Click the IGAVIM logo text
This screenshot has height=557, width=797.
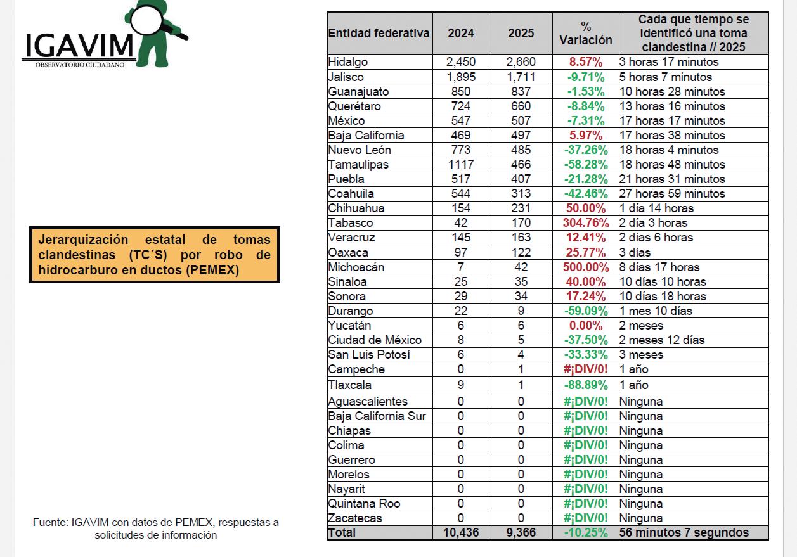[79, 46]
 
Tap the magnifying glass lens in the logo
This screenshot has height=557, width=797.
[146, 19]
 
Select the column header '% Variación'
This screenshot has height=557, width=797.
[586, 33]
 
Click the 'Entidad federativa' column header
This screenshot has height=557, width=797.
[379, 33]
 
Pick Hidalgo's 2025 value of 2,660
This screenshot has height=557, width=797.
[521, 62]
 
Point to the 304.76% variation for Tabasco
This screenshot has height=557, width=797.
[586, 223]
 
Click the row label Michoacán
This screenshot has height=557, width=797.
[356, 267]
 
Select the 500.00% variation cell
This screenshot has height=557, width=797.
[586, 267]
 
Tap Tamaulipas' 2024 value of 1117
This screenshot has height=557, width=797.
[461, 165]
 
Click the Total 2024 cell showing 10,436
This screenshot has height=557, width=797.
[461, 532]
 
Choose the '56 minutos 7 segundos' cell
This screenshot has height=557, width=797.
[684, 532]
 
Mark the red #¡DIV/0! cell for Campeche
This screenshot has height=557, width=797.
[586, 369]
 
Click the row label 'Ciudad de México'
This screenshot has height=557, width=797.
[375, 340]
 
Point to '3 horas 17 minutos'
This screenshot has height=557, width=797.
[669, 62]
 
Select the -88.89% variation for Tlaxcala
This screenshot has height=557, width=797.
[586, 385]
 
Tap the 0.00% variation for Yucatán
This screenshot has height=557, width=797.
[586, 326]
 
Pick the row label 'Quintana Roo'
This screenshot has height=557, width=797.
[364, 504]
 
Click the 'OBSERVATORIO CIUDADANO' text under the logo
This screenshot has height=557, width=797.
[80, 65]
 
